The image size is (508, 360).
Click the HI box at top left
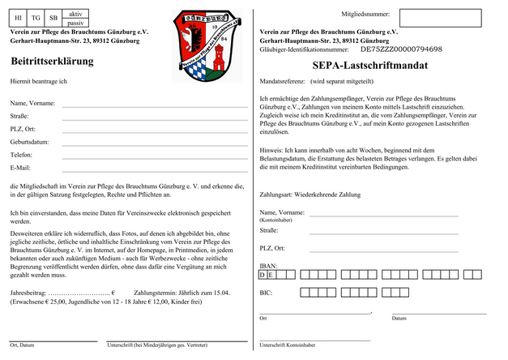[19, 17]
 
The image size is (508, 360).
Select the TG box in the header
[36, 17]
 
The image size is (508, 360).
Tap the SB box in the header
[53, 17]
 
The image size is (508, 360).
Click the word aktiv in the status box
[75, 14]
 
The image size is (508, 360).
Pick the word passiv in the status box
[75, 23]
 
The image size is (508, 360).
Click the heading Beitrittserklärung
[52, 61]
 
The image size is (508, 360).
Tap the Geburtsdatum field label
[31, 141]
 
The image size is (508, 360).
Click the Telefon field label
[22, 154]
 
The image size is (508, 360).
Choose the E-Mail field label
[20, 167]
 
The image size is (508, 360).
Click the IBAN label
[268, 265]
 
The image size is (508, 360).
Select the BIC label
[266, 291]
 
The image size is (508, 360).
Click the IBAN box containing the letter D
[263, 276]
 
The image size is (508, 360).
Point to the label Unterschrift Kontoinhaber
[288, 345]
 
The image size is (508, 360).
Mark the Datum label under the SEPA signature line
[399, 318]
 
